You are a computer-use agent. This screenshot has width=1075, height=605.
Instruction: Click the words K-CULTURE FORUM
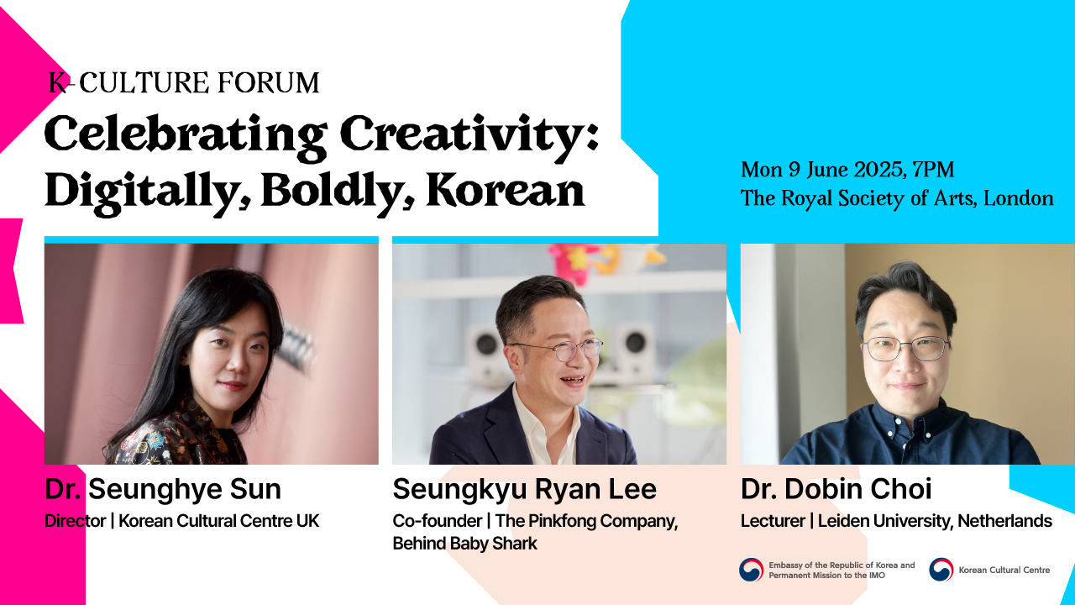pos(184,82)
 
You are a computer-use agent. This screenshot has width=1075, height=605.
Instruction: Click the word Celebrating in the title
pos(186,137)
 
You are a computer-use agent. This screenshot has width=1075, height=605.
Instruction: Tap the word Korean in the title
pos(506,190)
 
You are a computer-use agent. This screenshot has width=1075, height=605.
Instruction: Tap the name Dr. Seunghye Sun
pos(163,489)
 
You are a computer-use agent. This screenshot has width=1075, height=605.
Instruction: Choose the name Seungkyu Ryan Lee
pos(525,489)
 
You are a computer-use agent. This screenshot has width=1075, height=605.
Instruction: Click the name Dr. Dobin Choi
pos(836,489)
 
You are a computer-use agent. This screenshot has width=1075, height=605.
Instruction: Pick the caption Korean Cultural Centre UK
pos(219,521)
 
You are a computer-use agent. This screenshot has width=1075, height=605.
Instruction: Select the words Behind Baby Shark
pos(464,544)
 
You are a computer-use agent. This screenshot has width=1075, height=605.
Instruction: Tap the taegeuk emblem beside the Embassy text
pos(751,570)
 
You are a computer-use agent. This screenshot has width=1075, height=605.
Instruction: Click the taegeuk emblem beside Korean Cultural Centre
pos(941,570)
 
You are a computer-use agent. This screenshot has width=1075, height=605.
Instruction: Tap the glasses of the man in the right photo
pos(906,349)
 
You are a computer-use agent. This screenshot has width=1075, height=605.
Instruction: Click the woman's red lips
pos(233,386)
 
